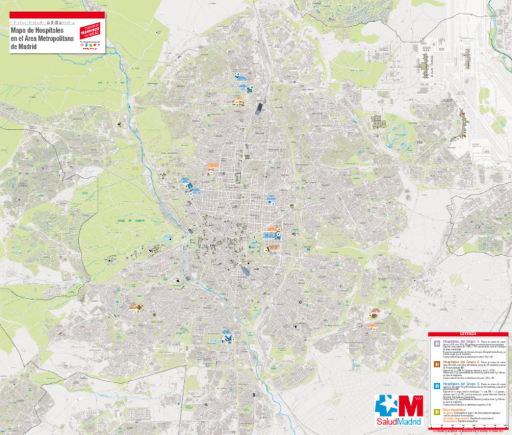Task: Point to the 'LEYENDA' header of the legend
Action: click(468, 334)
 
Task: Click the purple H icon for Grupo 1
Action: click(437, 344)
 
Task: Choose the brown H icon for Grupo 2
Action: click(437, 364)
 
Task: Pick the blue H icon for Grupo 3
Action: click(437, 386)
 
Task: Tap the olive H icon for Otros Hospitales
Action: click(437, 412)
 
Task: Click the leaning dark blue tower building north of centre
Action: click(259, 108)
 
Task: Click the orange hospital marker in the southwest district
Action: click(136, 307)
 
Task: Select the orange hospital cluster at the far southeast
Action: click(373, 319)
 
